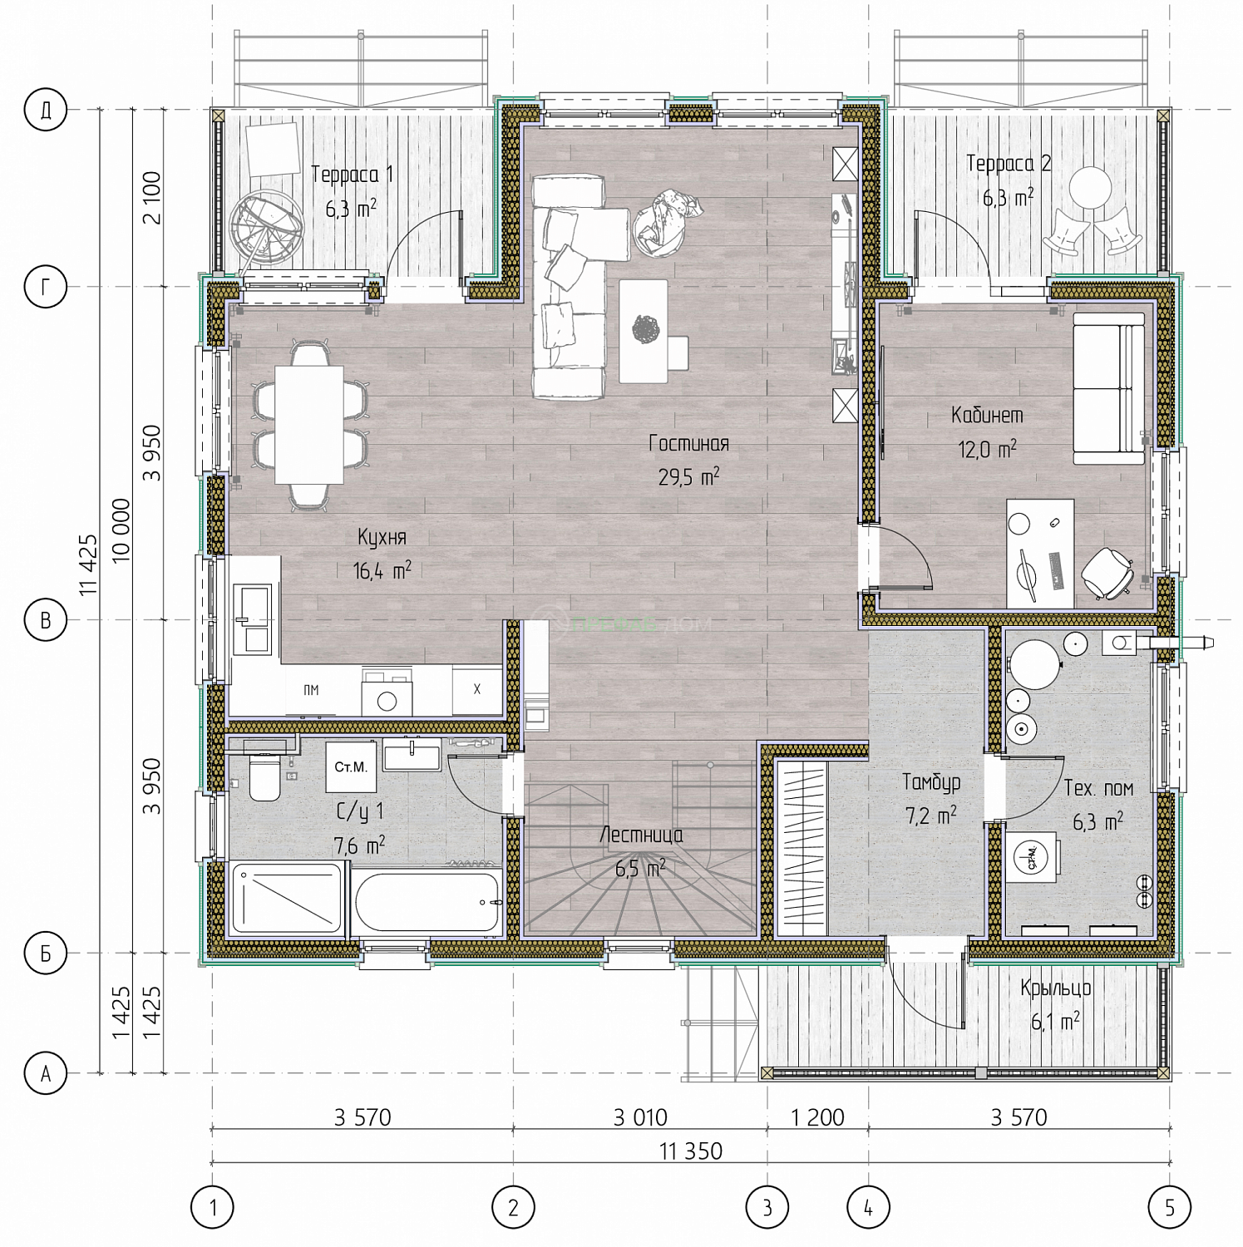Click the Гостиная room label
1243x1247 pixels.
[688, 444]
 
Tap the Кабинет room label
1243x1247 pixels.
[987, 415]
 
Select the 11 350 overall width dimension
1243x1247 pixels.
[691, 1151]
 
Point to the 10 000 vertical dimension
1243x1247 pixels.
[121, 530]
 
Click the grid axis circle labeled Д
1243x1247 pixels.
[46, 109]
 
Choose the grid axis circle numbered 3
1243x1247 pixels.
[767, 1207]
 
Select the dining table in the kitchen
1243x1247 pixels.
[309, 425]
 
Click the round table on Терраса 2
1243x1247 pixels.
[1090, 188]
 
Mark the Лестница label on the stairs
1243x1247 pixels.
[641, 835]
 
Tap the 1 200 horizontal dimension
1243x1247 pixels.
[818, 1117]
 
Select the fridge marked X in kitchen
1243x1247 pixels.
[477, 689]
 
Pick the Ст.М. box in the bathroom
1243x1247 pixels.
[351, 766]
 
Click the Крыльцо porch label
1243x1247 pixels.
[1055, 988]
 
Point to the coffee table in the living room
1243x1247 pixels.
[644, 331]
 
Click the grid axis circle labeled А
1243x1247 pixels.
[46, 1073]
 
